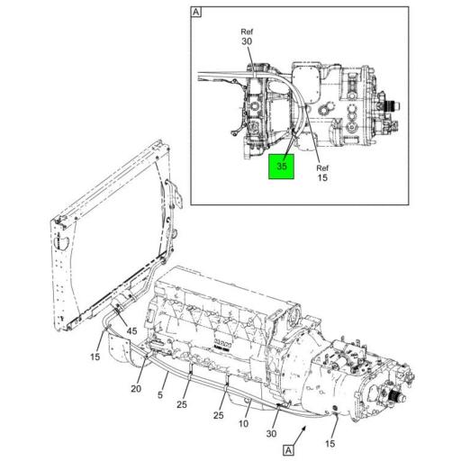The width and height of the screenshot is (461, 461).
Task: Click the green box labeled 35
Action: tap(281, 167)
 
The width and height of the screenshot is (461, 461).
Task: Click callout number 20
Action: tap(136, 389)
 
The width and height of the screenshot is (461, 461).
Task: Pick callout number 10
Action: tap(242, 422)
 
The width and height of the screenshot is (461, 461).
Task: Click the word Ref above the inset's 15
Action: tap(322, 168)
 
